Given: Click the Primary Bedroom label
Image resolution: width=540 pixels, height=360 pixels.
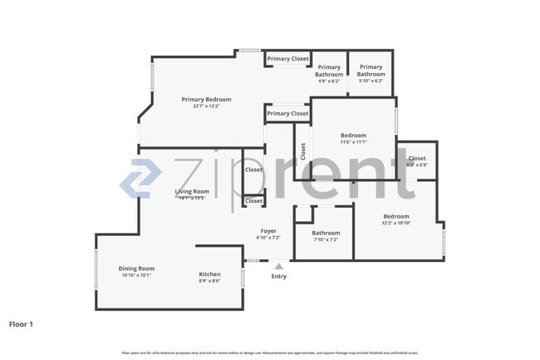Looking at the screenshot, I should pyautogui.click(x=206, y=100).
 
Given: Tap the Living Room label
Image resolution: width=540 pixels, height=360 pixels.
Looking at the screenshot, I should pyautogui.click(x=192, y=192).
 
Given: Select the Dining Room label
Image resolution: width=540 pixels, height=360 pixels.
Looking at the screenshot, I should pyautogui.click(x=136, y=269).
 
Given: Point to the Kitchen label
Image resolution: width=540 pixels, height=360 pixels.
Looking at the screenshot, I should pyautogui.click(x=209, y=274).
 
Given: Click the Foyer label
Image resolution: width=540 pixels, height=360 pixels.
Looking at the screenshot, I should pyautogui.click(x=268, y=231).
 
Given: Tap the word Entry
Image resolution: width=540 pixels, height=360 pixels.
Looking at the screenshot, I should pyautogui.click(x=279, y=277).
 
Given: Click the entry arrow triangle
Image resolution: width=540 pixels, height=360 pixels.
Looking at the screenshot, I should pyautogui.click(x=279, y=266).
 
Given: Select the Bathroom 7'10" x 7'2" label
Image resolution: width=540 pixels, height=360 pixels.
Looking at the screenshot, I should pyautogui.click(x=326, y=234).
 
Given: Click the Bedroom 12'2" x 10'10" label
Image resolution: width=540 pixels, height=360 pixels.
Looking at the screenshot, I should pyautogui.click(x=395, y=217).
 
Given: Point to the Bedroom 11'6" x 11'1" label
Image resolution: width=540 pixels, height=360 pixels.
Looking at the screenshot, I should pyautogui.click(x=353, y=136).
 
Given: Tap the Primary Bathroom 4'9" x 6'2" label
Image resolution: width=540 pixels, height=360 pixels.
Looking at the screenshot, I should pyautogui.click(x=329, y=71).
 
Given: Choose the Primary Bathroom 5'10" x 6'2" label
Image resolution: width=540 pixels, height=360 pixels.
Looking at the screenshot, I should pyautogui.click(x=371, y=71).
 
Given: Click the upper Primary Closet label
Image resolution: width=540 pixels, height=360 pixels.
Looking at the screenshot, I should pyautogui.click(x=288, y=59).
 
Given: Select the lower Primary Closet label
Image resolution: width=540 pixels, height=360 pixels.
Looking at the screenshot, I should pyautogui.click(x=288, y=114).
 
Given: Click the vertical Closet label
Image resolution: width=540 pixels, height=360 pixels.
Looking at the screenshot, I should pyautogui.click(x=303, y=151).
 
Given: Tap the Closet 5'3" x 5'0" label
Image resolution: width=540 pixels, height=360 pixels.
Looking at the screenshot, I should pyautogui.click(x=417, y=159).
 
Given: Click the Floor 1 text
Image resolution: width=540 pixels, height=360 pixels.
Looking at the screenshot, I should pyautogui.click(x=21, y=323).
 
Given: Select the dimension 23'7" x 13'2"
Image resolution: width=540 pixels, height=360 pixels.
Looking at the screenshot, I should pyautogui.click(x=206, y=106).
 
